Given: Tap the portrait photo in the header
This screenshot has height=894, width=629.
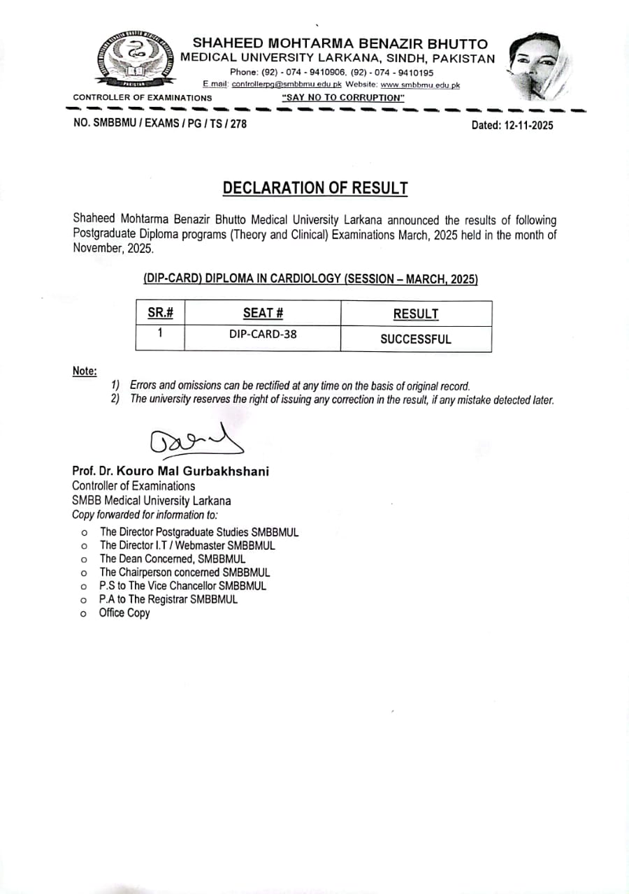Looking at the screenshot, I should (540, 67).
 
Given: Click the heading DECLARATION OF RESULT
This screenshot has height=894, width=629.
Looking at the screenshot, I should (314, 188).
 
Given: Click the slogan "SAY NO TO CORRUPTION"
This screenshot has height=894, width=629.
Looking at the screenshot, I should (343, 98).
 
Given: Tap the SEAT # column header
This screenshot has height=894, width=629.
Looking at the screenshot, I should (263, 314).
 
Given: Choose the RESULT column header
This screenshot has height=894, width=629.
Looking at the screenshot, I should (416, 314).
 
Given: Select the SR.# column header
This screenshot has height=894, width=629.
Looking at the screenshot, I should (160, 314).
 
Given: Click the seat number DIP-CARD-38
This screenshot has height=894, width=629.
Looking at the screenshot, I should (263, 334).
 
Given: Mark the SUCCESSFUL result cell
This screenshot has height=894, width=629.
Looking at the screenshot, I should (416, 339).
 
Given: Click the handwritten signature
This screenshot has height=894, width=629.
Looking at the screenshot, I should (196, 441).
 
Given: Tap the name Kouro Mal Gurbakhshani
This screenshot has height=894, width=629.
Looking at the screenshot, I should (203, 471).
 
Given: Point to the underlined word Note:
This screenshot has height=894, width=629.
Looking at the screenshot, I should (85, 371).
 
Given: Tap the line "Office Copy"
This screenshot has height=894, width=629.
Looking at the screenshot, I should (124, 613).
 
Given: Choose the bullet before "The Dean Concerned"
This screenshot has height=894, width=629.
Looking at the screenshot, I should (83, 559).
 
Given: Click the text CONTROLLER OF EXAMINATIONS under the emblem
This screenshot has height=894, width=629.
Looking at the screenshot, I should (143, 98).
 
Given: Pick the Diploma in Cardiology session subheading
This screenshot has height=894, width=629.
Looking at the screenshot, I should (310, 278).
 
